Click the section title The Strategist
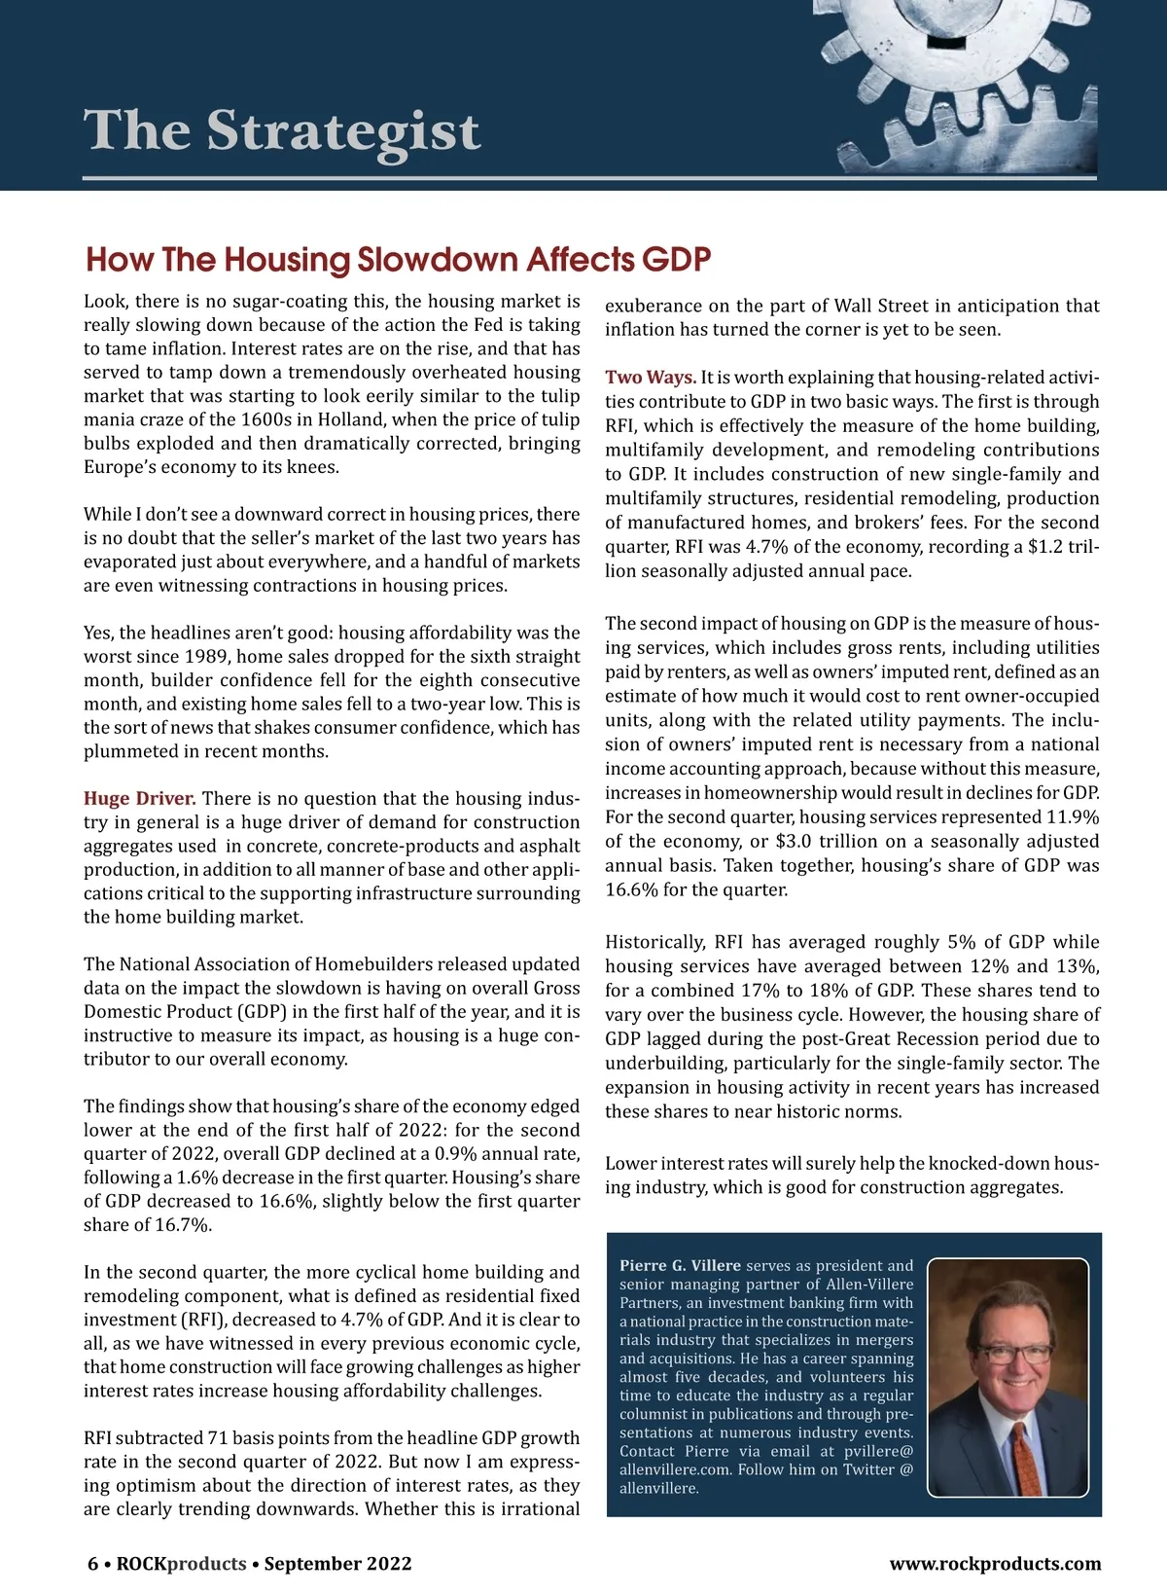(x=282, y=131)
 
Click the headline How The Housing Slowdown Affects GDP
(x=399, y=260)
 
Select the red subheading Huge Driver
(x=140, y=799)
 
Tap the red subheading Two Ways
(x=651, y=378)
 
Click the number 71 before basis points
(x=219, y=1438)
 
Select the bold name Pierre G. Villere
(x=681, y=1266)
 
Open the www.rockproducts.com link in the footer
(x=995, y=1564)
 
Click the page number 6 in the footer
(x=93, y=1564)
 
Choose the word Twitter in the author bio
(x=858, y=1469)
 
